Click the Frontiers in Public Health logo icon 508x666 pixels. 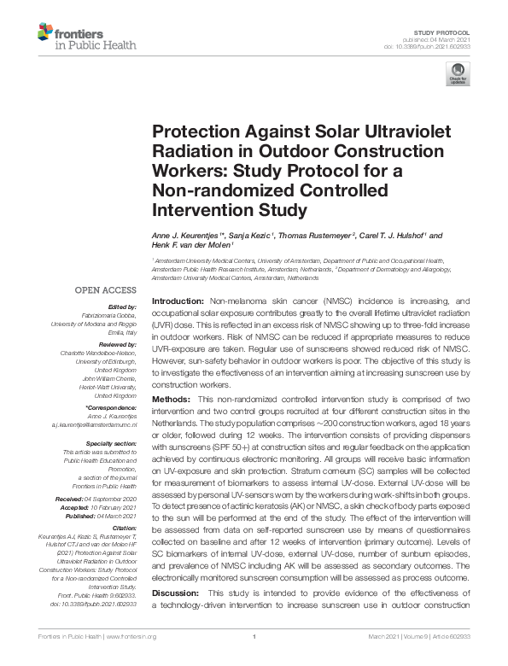click(44, 33)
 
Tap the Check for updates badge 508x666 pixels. click(459, 74)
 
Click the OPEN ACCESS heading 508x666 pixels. click(104, 289)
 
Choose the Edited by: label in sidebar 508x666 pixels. click(122, 306)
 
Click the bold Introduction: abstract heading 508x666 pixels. click(178, 302)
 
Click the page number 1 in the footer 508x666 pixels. click(254, 637)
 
